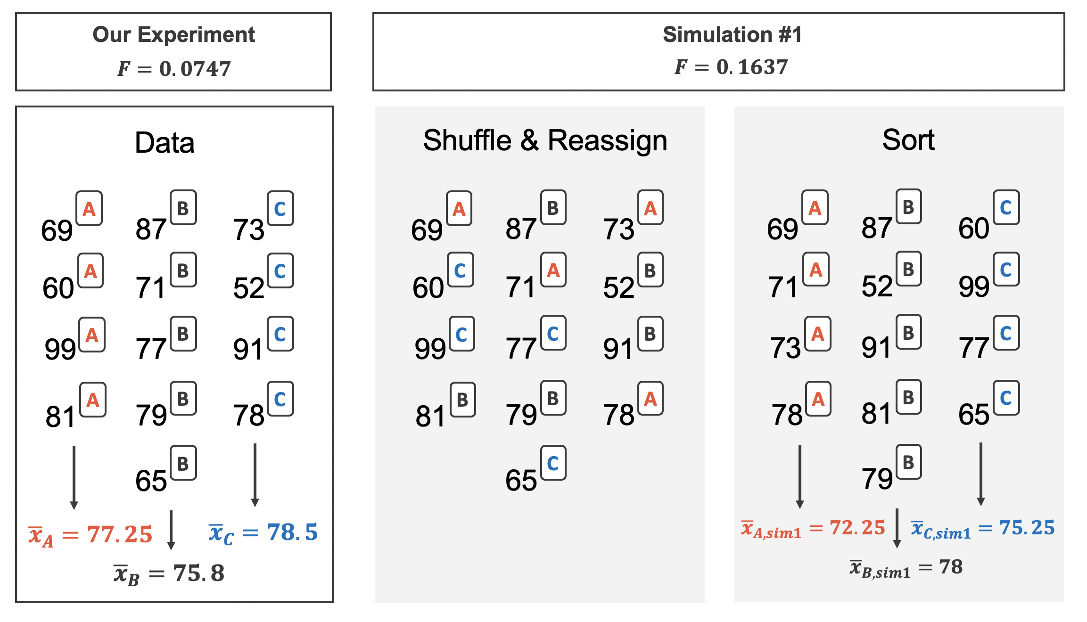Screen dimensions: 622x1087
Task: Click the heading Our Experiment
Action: [173, 35]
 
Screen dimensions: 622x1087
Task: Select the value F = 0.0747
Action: [174, 69]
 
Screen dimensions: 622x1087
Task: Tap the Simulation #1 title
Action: [732, 35]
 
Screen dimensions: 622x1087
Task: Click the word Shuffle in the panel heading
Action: [467, 140]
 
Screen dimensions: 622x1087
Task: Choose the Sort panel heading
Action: [908, 140]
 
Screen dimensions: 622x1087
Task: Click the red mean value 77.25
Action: [120, 534]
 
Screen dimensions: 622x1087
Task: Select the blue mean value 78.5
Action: [292, 532]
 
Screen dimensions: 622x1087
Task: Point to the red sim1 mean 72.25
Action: [857, 528]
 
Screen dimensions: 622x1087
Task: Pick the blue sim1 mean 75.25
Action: [1027, 528]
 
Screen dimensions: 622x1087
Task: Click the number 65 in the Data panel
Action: [151, 481]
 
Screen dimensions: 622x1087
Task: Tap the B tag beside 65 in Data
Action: [183, 463]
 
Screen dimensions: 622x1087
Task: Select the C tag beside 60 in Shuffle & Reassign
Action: [460, 270]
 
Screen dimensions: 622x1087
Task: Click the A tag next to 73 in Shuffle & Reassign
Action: [651, 208]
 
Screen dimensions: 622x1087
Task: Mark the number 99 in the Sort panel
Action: [974, 286]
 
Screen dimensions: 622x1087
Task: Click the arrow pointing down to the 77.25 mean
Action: [74, 477]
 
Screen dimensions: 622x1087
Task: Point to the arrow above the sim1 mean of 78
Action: [897, 528]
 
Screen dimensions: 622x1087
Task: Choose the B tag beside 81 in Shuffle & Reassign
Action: [462, 400]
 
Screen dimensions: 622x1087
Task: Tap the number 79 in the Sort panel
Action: [877, 479]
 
